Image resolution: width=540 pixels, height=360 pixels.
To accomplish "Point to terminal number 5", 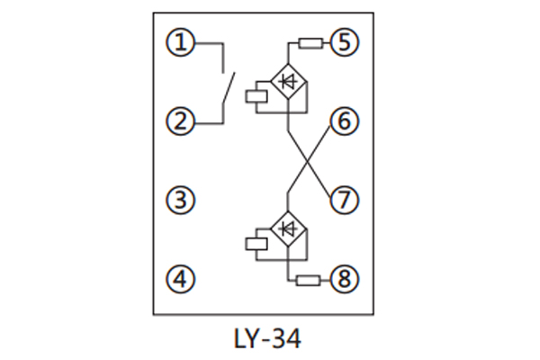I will pyautogui.click(x=345, y=41).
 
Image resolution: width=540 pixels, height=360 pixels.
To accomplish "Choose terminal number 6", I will pyautogui.click(x=345, y=121).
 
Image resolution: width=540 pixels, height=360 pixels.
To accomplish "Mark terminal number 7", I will pyautogui.click(x=345, y=200).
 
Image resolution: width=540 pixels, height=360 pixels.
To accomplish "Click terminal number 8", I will pyautogui.click(x=345, y=279).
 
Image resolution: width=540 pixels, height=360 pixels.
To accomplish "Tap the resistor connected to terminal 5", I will pyautogui.click(x=311, y=41).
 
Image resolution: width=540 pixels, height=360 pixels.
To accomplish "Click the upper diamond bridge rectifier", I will pyautogui.click(x=288, y=83).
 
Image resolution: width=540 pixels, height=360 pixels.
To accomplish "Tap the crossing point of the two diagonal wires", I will pyautogui.click(x=309, y=160).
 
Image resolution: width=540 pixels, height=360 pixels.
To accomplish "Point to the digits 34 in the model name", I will pyautogui.click(x=286, y=339).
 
